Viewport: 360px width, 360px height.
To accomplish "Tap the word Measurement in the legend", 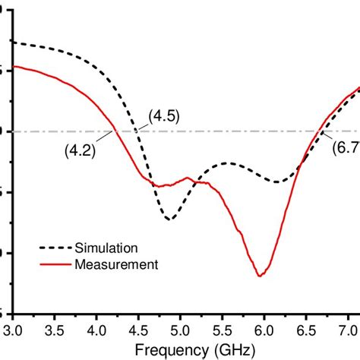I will click(x=115, y=264).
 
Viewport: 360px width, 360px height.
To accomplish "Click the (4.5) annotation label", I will click(x=164, y=116).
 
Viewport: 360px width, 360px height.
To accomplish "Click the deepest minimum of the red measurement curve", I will click(x=260, y=275).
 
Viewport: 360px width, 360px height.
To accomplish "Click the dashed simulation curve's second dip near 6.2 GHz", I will click(x=278, y=182).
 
